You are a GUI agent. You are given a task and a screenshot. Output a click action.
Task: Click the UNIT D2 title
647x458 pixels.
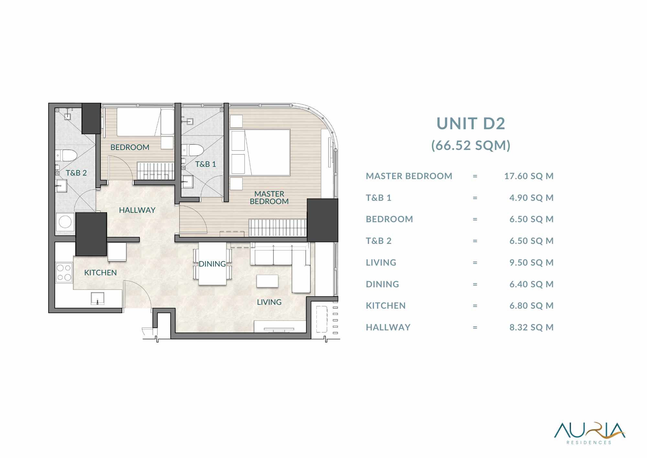(x=471, y=123)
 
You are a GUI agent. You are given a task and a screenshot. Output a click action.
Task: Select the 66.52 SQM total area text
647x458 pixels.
(x=471, y=145)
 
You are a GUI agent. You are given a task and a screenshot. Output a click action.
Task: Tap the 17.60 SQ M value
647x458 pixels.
(x=529, y=176)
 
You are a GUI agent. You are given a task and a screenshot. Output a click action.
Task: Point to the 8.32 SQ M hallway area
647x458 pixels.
(x=531, y=327)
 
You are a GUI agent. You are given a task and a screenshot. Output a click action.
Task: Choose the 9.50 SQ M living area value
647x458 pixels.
(x=531, y=263)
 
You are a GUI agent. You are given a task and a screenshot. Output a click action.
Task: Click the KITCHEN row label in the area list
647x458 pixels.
(x=386, y=306)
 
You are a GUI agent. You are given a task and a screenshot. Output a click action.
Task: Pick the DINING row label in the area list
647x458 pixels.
(x=382, y=284)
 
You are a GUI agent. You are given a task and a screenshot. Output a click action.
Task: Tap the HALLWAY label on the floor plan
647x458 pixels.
(x=137, y=210)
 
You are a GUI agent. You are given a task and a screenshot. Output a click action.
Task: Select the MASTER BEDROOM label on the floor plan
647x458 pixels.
(x=269, y=198)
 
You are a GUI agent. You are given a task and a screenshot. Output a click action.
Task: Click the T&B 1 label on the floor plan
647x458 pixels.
(x=205, y=164)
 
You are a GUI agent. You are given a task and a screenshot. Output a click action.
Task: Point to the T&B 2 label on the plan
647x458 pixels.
(x=76, y=173)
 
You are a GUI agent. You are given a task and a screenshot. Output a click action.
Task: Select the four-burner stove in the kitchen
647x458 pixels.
(x=64, y=272)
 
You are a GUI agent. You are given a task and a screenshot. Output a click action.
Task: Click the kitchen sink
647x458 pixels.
(x=97, y=298)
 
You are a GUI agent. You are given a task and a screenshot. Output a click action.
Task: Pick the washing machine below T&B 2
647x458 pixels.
(x=65, y=222)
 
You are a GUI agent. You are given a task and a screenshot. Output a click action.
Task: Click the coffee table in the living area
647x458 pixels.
(x=267, y=281)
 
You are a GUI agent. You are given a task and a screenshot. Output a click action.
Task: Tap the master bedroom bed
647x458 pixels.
(x=260, y=153)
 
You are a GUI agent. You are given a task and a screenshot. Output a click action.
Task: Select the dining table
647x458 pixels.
(x=212, y=264)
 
